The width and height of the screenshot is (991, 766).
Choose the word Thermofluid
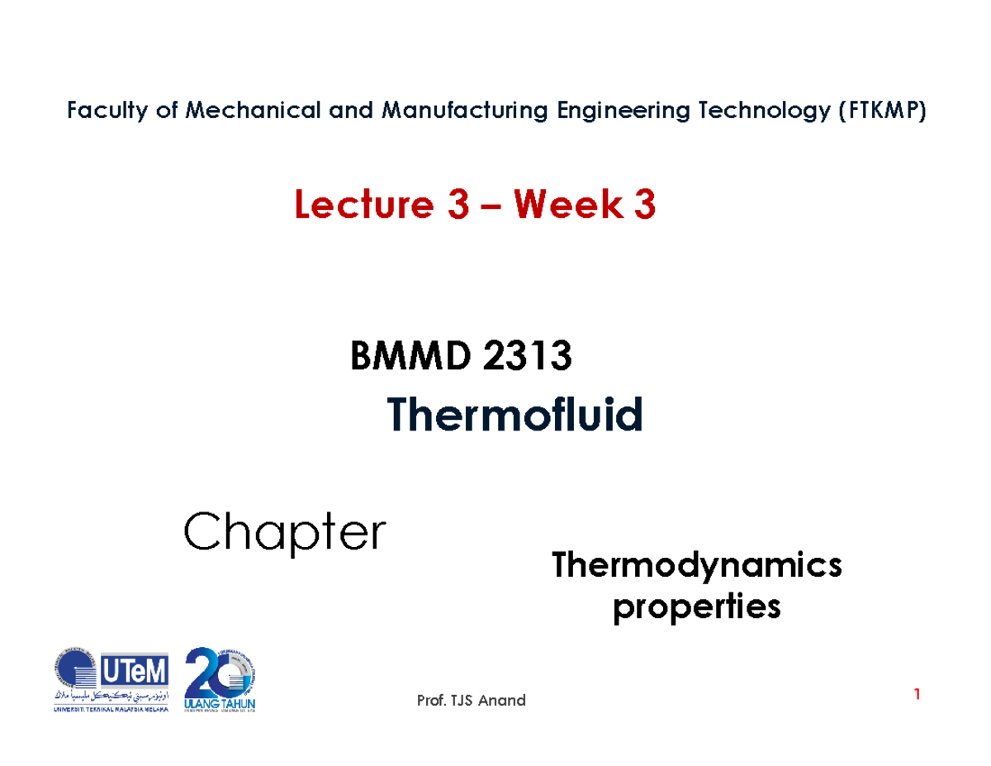point(514,415)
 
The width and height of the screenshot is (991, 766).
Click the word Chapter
point(285,533)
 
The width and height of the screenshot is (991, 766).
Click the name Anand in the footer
point(500,701)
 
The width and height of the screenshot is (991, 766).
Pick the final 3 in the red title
point(645,207)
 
